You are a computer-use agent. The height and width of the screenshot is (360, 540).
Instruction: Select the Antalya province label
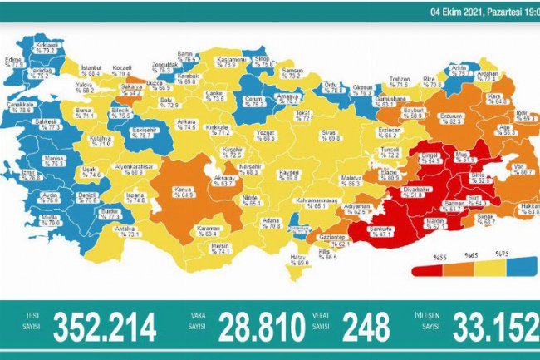(x=125, y=232)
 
